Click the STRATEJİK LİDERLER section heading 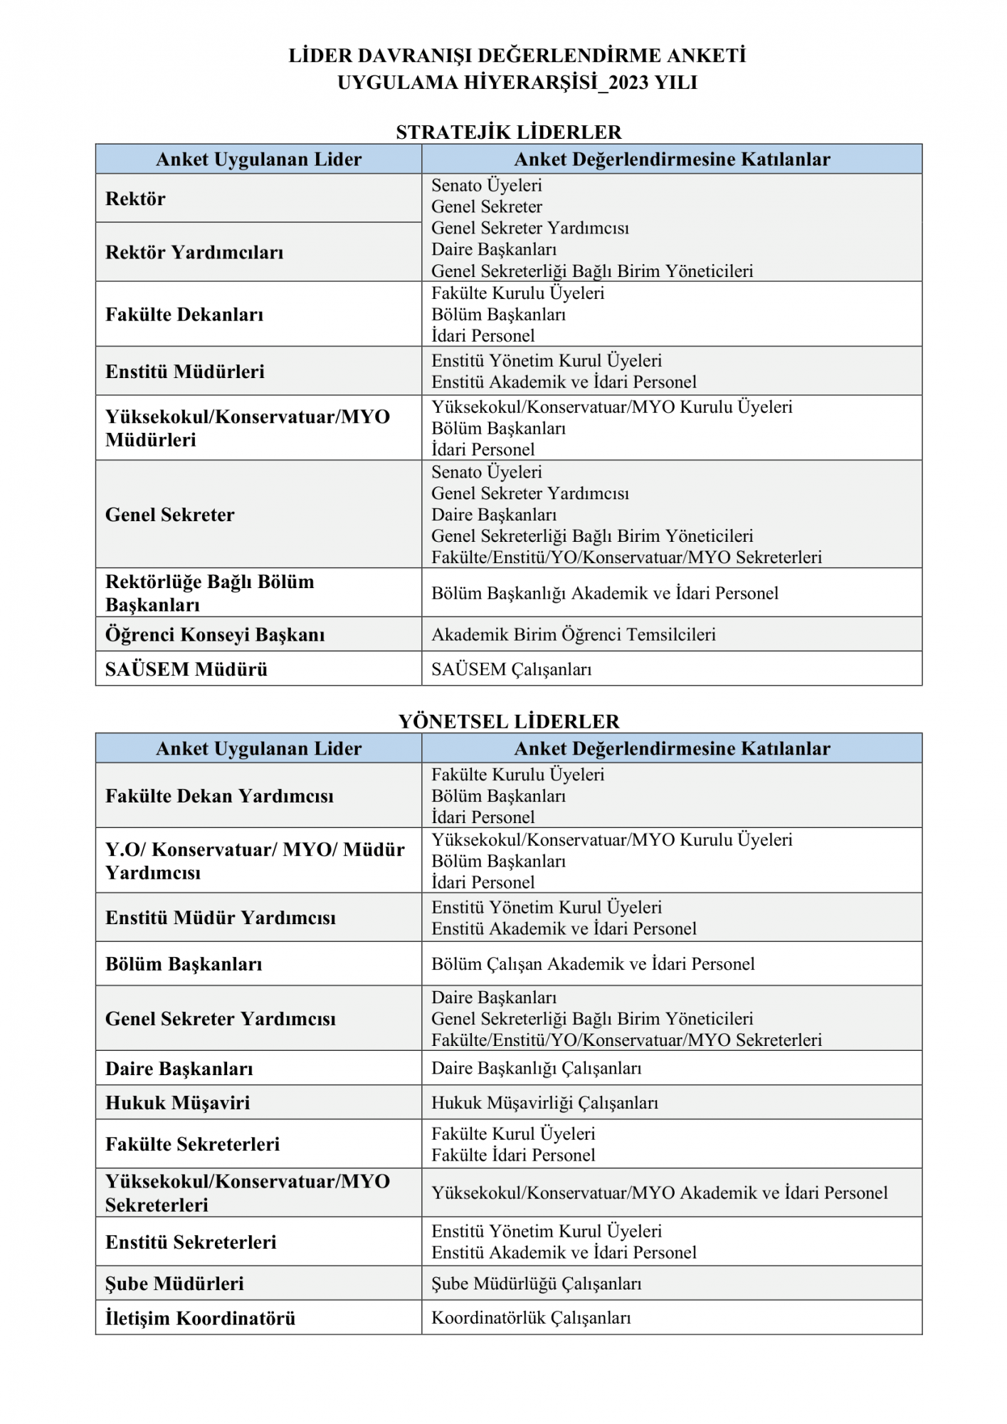pyautogui.click(x=508, y=132)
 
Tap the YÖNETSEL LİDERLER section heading pyautogui.click(x=508, y=721)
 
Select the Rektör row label pyautogui.click(x=135, y=199)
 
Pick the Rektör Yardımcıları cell pyautogui.click(x=194, y=253)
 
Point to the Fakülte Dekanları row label pyautogui.click(x=184, y=315)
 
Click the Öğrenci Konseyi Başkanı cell pyautogui.click(x=215, y=634)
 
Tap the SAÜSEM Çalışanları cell pyautogui.click(x=511, y=669)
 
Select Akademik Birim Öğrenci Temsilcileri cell pyautogui.click(x=573, y=634)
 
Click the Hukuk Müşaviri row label pyautogui.click(x=178, y=1103)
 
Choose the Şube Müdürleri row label pyautogui.click(x=174, y=1284)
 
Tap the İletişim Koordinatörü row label pyautogui.click(x=200, y=1319)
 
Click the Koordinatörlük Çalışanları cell pyautogui.click(x=531, y=1318)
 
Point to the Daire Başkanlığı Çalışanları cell pyautogui.click(x=536, y=1068)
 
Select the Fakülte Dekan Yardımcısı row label pyautogui.click(x=219, y=796)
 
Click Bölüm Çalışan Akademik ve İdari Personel pyautogui.click(x=593, y=964)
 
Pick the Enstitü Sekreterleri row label pyautogui.click(x=191, y=1242)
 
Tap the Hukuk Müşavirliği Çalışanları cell pyautogui.click(x=544, y=1103)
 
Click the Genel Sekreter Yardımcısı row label pyautogui.click(x=220, y=1019)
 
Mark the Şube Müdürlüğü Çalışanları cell pyautogui.click(x=536, y=1284)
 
